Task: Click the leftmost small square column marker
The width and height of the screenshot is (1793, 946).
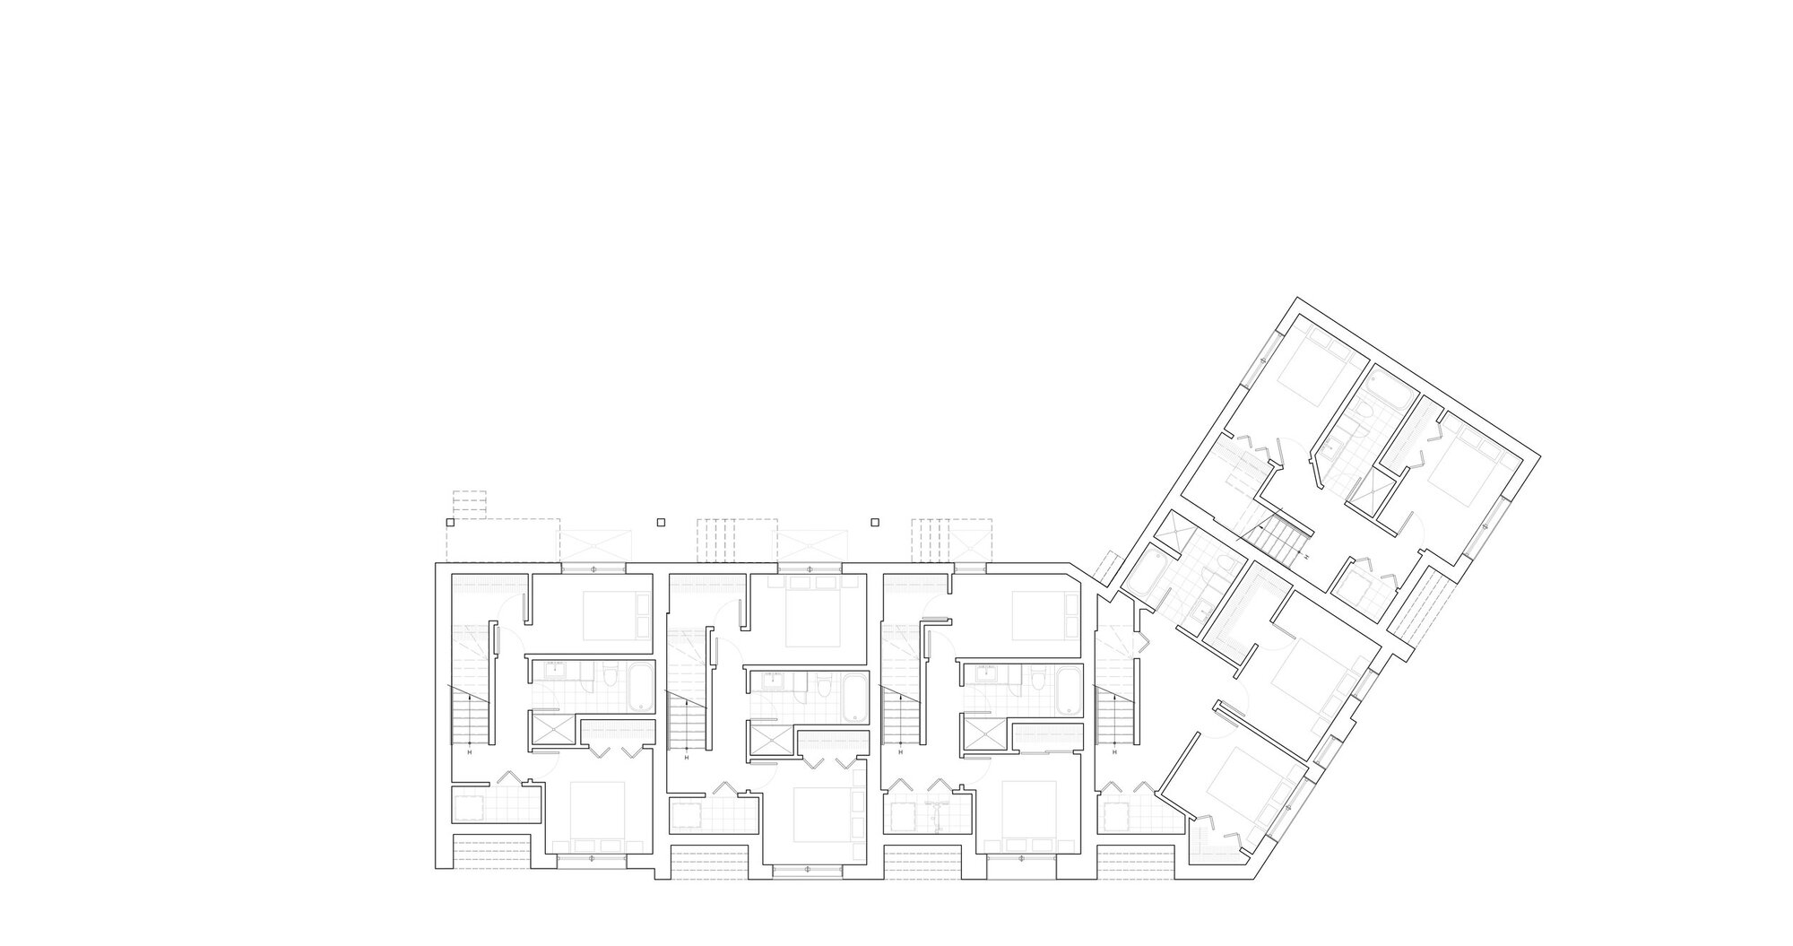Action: click(x=449, y=522)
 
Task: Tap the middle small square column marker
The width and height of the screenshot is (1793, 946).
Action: click(x=662, y=522)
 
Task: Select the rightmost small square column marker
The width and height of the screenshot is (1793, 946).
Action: click(x=875, y=522)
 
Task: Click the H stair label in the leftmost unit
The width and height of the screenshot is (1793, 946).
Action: click(x=470, y=752)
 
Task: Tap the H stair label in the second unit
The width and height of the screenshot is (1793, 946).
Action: click(x=687, y=759)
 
